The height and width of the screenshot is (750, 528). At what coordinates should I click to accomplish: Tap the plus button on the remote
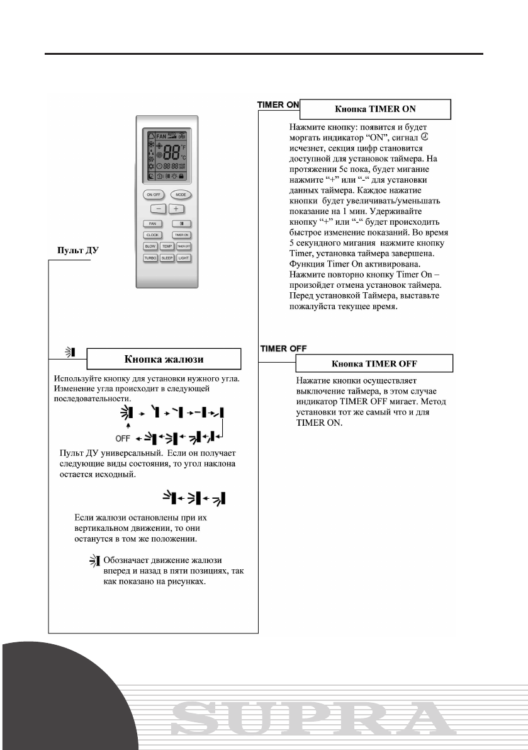[x=176, y=208]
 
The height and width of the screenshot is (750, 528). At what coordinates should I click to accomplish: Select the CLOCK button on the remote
[x=152, y=234]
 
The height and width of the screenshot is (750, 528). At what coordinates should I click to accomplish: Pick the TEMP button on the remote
[x=167, y=246]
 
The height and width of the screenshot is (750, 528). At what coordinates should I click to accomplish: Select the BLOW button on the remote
[x=151, y=246]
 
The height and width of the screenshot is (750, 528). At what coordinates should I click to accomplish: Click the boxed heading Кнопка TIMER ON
[x=375, y=109]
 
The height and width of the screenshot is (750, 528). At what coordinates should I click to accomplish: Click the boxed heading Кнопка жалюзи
[x=164, y=359]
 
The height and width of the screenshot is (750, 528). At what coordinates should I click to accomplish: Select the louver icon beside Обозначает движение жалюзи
[x=95, y=560]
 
